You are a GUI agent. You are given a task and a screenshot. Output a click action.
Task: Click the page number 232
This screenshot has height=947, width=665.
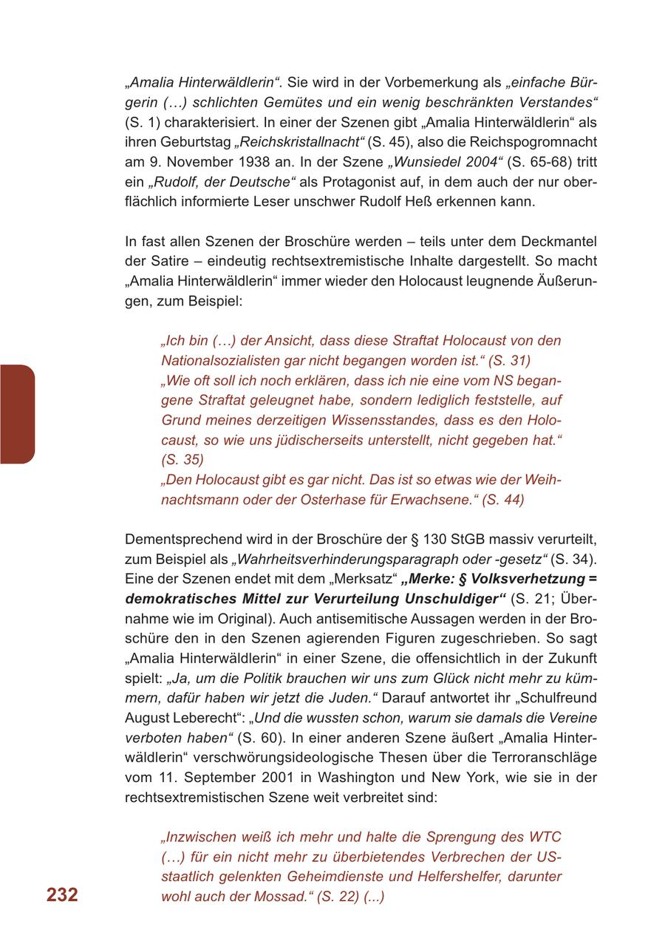[62, 895]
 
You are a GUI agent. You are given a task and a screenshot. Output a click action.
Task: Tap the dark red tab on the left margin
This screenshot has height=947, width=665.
[16, 414]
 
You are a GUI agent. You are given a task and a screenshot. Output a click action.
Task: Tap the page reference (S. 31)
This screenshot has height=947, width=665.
[509, 361]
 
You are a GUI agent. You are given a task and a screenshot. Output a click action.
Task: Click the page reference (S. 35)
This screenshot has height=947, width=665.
[183, 460]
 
